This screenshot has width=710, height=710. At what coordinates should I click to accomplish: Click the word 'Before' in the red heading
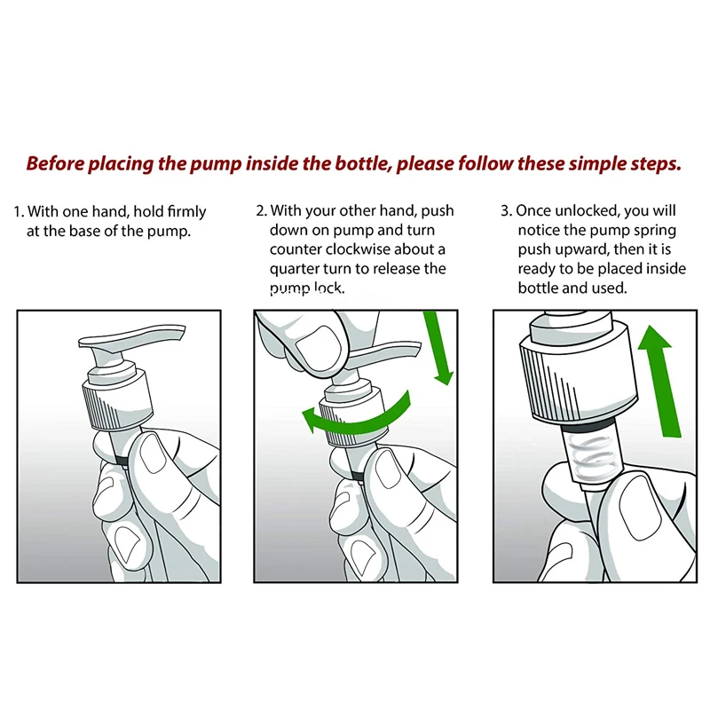coord(55,163)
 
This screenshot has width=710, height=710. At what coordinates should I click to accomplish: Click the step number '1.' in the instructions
coord(19,211)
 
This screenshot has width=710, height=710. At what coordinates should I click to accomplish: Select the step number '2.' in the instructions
coord(262,210)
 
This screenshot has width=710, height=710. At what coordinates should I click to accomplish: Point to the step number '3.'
coord(506,210)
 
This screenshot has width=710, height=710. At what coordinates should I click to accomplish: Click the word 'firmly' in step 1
coord(186,212)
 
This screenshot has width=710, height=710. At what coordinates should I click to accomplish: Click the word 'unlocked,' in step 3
coord(587,211)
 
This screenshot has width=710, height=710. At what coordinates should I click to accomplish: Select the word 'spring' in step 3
coord(655,231)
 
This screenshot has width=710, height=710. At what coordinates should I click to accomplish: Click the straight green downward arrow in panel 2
coord(438,347)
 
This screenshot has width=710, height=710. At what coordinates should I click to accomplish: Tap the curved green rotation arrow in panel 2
coord(356,415)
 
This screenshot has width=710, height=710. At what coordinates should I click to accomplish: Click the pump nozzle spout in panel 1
coord(131,338)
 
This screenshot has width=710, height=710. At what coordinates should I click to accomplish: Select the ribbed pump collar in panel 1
coord(118,400)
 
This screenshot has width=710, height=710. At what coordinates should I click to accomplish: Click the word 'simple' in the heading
coord(596,164)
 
